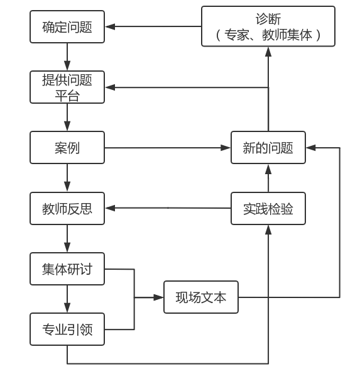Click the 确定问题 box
pos(67,26)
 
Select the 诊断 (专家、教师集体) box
pos(268,26)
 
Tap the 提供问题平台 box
pos(67,87)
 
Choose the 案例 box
pos(67,148)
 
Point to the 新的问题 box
pos(268,148)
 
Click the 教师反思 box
pos(67,209)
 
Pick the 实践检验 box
pos(268,209)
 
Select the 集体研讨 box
pos(67,269)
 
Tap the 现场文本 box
pos(201,297)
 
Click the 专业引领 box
pos(67,329)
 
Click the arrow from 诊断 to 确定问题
pos(153,26)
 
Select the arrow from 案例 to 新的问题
pos(167,148)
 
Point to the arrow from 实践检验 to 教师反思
pos(167,208)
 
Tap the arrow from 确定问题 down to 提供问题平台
pos(67,57)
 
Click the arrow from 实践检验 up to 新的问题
pos(268,179)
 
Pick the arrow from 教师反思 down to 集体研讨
pos(67,239)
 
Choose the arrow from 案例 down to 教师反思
pos(67,179)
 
